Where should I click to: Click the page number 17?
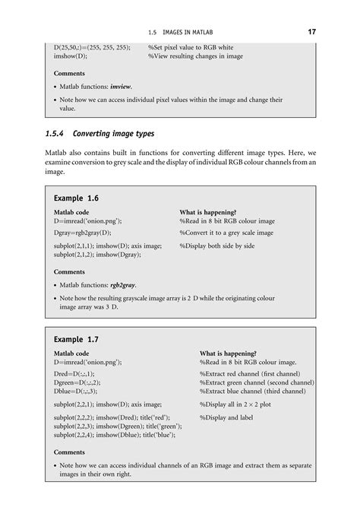coord(311,31)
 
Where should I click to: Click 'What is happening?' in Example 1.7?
coord(227,353)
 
